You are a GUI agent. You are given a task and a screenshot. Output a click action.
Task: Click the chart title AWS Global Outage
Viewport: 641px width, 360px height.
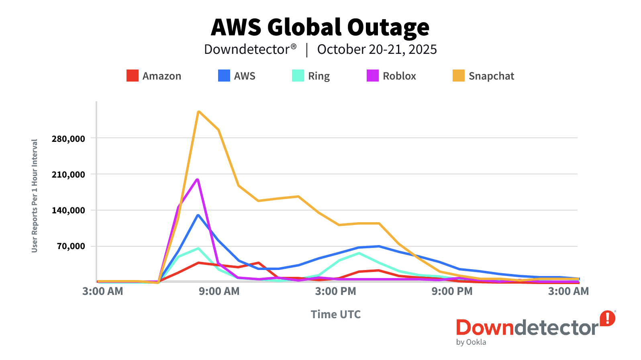pos(320,27)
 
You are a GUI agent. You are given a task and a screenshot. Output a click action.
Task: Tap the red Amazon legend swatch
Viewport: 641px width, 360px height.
pos(133,76)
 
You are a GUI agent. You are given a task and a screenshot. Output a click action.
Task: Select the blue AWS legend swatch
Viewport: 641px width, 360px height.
pos(224,76)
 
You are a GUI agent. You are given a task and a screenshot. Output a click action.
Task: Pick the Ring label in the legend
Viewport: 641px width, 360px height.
pos(319,76)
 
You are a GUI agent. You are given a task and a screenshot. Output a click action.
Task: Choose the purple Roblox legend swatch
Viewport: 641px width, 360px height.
pos(373,76)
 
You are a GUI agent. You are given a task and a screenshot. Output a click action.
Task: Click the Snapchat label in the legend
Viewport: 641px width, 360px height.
pos(491,76)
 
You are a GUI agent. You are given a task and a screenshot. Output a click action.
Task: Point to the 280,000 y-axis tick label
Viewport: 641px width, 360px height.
pos(68,139)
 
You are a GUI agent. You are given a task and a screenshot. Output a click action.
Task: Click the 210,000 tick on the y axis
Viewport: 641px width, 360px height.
pos(68,174)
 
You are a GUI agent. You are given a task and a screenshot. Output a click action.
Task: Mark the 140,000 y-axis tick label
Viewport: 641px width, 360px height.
pos(68,210)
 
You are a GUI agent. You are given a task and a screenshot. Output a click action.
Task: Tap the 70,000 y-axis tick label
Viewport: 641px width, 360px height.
pos(71,246)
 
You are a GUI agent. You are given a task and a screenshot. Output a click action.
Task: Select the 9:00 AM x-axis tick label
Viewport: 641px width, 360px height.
pos(219,291)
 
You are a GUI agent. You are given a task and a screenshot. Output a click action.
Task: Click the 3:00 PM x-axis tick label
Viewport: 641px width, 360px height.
pos(336,291)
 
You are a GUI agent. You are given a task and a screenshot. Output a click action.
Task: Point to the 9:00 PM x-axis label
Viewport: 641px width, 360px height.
pos(452,291)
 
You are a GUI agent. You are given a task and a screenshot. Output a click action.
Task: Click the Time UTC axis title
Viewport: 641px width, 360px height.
pos(336,314)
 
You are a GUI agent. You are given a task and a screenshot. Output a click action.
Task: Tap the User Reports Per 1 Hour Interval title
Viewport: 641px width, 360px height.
pos(35,196)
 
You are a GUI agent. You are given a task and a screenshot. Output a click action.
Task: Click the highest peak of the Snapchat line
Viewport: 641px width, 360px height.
pos(198,111)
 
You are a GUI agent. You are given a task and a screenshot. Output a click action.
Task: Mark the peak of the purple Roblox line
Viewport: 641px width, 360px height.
pos(198,179)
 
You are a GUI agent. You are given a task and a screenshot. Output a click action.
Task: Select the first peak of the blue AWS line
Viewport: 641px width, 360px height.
pos(198,215)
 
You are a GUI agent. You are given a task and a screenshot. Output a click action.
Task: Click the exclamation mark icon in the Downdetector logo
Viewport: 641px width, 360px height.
pos(608,318)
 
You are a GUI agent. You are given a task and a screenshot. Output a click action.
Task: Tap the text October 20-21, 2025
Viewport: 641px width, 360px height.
pos(377,49)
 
